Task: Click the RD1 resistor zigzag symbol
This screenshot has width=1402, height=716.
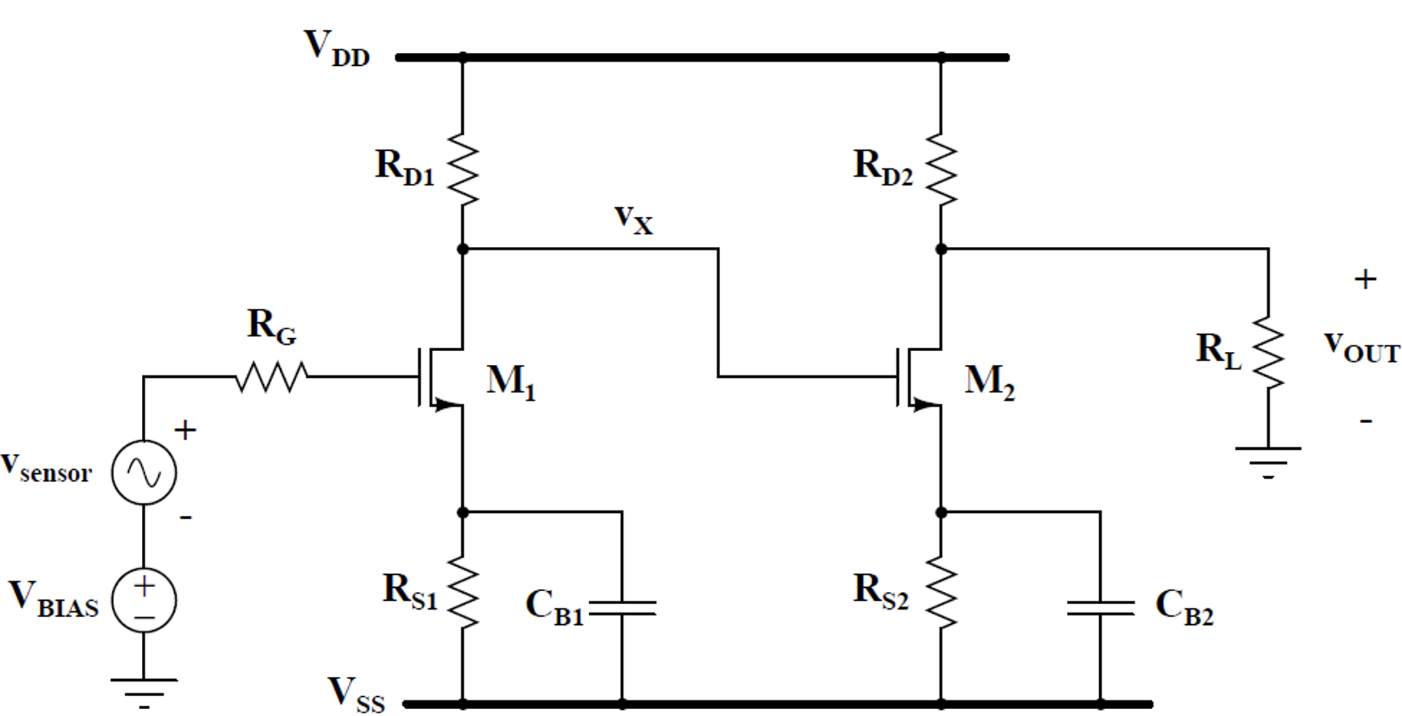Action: (463, 169)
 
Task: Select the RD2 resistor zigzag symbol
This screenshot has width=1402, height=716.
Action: (941, 169)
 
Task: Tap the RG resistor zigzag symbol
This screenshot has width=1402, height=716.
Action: (272, 377)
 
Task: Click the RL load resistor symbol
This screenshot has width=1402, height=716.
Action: (1268, 352)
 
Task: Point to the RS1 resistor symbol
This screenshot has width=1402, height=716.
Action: (463, 592)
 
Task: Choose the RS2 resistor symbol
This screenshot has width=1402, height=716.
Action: (941, 592)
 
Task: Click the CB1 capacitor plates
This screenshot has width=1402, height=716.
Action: (622, 608)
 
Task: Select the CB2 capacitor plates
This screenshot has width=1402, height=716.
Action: (1100, 608)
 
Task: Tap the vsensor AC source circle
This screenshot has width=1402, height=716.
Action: (144, 473)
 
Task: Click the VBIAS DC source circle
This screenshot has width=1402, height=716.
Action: (144, 600)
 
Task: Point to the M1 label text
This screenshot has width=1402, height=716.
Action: (511, 381)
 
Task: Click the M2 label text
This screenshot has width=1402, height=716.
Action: (989, 381)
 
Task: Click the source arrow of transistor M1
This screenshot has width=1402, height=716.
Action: (446, 405)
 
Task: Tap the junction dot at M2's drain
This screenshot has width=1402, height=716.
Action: (941, 249)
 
